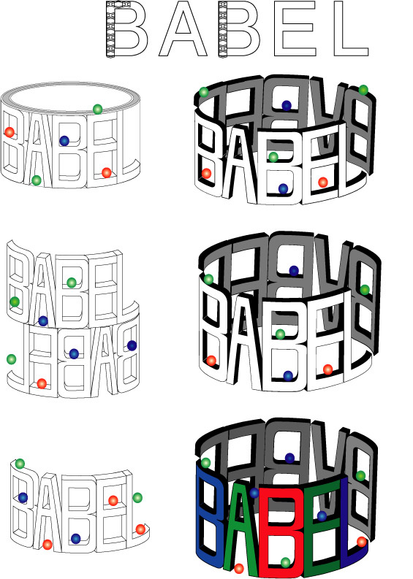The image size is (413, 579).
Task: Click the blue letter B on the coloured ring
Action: [x=209, y=517]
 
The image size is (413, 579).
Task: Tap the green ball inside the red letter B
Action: [x=285, y=562]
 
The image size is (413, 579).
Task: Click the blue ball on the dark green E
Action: [x=322, y=516]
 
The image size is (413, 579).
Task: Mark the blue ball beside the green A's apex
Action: [x=254, y=493]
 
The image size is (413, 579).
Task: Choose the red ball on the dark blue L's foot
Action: [x=362, y=542]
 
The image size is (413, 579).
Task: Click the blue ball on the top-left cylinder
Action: [x=64, y=141]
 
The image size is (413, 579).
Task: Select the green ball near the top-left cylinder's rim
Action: [x=98, y=110]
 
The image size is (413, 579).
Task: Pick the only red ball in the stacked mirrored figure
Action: [x=42, y=383]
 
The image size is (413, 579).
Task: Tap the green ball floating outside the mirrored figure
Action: [x=12, y=359]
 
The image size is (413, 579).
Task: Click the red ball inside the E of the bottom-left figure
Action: [x=113, y=501]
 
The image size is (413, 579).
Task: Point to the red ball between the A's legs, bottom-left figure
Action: [x=48, y=544]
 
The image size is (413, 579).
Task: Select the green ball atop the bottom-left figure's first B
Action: [x=20, y=464]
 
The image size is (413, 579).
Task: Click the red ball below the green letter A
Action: [x=239, y=569]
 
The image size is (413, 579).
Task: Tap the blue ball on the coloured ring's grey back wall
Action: [x=289, y=459]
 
